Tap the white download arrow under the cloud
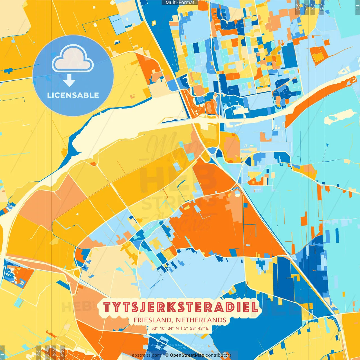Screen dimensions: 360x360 (69, 81)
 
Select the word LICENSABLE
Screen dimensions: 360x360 (73, 95)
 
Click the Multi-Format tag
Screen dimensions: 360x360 (180, 3)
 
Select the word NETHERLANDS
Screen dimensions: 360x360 (201, 320)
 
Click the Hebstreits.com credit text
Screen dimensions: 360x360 (145, 355)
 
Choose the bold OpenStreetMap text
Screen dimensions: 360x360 (187, 355)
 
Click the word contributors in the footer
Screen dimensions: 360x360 (218, 355)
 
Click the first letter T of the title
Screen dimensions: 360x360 (107, 307)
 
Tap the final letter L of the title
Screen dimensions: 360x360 (255, 307)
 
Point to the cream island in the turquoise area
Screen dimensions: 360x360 (337, 116)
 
